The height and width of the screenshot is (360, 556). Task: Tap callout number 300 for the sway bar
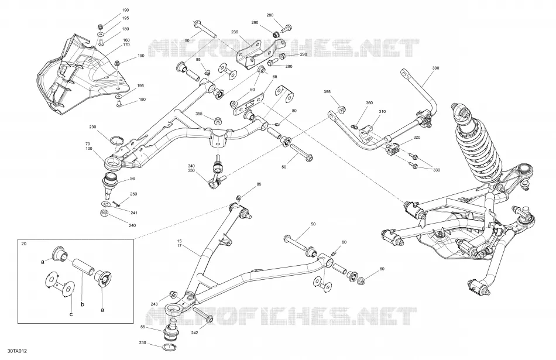click(436, 68)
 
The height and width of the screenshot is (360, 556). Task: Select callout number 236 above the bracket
click(234, 32)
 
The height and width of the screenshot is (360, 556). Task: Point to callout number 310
click(382, 112)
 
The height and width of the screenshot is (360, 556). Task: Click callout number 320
click(417, 137)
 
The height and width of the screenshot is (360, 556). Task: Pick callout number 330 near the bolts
click(437, 170)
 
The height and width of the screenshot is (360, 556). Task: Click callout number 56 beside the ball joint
click(132, 179)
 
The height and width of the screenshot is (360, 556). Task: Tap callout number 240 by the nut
click(132, 225)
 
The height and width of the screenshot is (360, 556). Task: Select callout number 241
click(133, 213)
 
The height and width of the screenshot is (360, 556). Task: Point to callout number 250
click(133, 194)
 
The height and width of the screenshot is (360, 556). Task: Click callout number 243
click(154, 304)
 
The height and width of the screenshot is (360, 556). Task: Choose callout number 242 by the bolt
click(194, 333)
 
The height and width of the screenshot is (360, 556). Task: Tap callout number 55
click(143, 327)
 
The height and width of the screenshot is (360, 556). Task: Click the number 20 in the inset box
click(24, 244)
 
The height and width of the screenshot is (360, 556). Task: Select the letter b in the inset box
click(83, 304)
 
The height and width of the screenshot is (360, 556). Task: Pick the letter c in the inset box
click(71, 314)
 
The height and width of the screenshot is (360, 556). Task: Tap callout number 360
click(369, 103)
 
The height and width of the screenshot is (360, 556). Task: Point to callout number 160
click(126, 40)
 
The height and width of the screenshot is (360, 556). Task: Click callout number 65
click(274, 77)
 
